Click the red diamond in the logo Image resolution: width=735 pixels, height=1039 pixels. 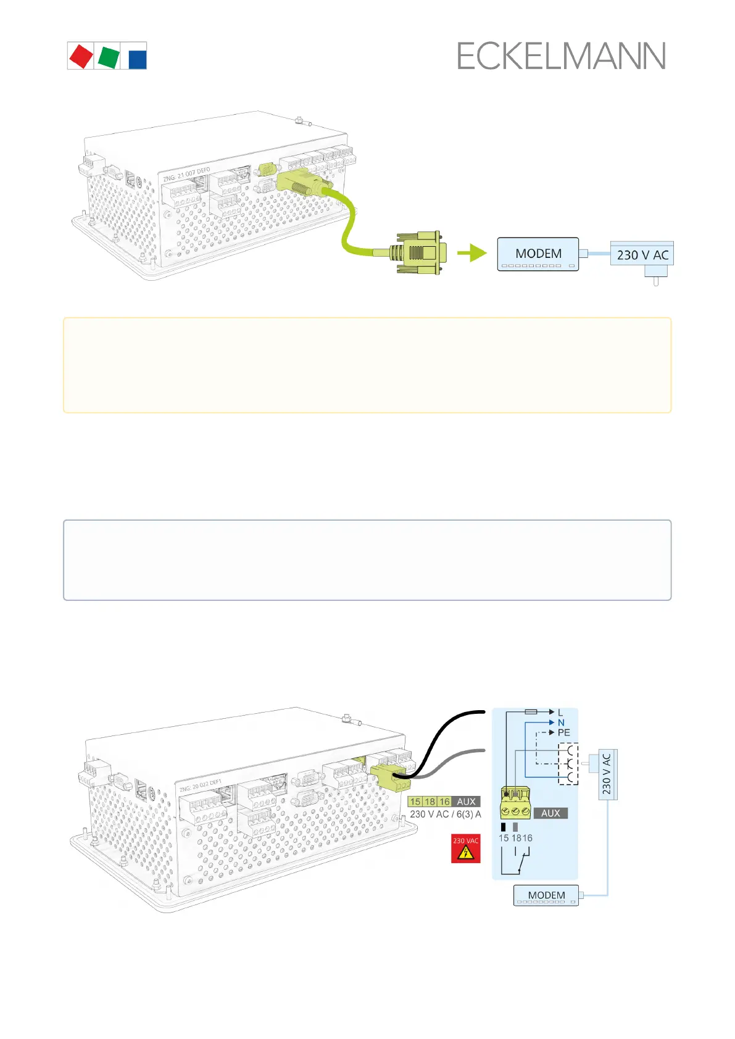coord(81,56)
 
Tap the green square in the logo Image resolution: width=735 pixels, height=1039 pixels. coord(109,56)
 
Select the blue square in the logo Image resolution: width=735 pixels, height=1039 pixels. coord(137,59)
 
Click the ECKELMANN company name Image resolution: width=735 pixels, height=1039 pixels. coord(561,57)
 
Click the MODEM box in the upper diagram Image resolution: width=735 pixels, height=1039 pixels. coord(538,254)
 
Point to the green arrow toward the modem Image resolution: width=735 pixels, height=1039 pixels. coord(473,253)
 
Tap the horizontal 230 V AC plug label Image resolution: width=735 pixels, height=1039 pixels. coord(642,255)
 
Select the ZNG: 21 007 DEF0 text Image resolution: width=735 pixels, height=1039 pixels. coord(186,174)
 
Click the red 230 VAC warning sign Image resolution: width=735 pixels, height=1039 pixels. coord(466,848)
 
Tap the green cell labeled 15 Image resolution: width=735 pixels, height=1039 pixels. coord(415,801)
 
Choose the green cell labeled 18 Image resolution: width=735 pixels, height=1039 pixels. coord(430,801)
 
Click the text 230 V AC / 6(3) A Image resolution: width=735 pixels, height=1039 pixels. coord(445,814)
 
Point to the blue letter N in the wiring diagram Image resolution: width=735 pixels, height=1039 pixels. coord(561,722)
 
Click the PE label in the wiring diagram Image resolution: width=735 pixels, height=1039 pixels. coord(564,733)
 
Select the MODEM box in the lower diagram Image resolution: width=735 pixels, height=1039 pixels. coord(546,895)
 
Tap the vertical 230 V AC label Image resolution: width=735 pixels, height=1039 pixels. coord(607,774)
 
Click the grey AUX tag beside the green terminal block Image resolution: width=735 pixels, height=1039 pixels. coord(550,813)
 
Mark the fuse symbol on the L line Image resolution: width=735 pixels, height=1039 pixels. coord(531,712)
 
